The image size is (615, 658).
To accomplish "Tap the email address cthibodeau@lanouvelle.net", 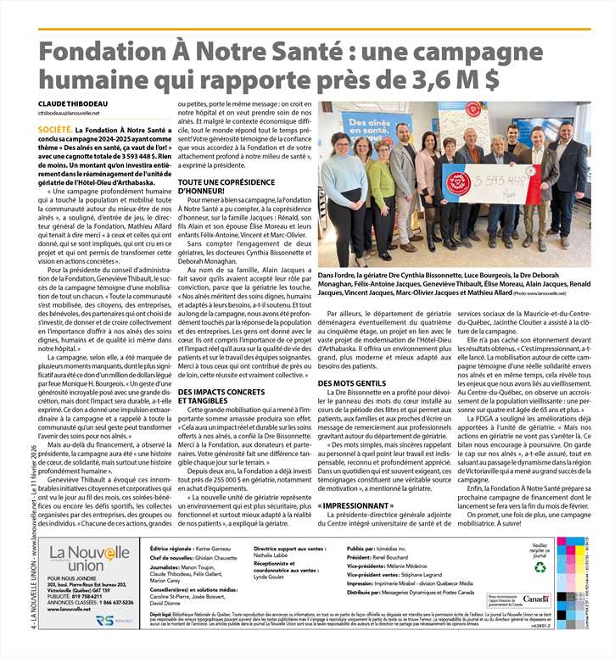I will pyautogui.click(x=69, y=113).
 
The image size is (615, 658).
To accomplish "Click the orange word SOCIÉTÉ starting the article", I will pyautogui.click(x=54, y=130).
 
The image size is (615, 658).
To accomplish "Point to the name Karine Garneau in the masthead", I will pyautogui.click(x=217, y=549).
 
